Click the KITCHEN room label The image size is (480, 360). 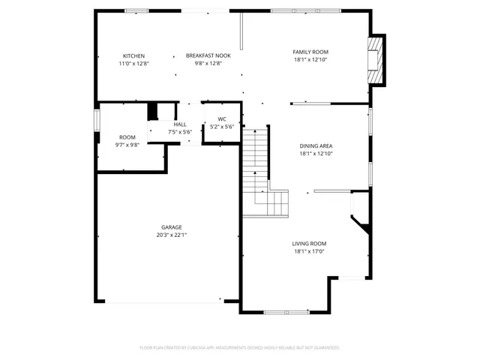(x=133, y=56)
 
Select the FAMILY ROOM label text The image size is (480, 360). (x=310, y=52)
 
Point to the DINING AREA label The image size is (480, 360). (x=315, y=146)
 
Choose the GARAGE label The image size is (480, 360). (x=171, y=227)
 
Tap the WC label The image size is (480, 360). (x=222, y=119)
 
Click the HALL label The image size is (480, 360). (x=180, y=124)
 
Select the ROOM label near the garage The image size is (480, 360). (x=127, y=137)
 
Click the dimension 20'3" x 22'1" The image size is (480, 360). (x=171, y=235)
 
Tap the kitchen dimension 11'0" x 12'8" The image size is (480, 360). (x=133, y=64)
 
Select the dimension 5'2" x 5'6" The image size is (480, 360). (x=222, y=127)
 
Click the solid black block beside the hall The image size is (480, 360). (x=153, y=112)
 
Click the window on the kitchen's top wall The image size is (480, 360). (x=136, y=10)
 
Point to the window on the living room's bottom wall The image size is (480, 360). (x=286, y=311)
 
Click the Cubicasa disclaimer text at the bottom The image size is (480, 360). (x=240, y=348)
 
